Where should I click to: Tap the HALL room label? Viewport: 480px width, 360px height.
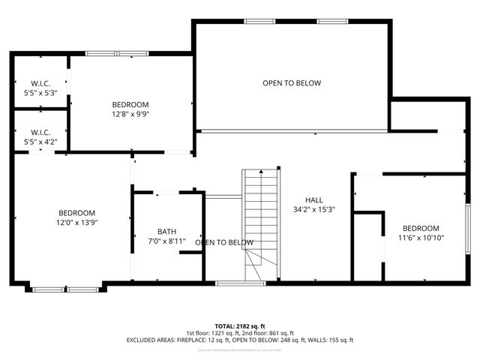point(313,200)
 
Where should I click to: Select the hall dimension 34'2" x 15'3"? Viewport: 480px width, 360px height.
point(313,210)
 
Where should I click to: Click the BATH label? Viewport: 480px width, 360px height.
point(166,232)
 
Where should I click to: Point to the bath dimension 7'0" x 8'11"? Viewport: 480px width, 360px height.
point(166,241)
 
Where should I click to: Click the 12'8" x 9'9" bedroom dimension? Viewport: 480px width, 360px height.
point(130,115)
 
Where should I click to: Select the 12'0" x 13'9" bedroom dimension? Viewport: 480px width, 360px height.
point(77,223)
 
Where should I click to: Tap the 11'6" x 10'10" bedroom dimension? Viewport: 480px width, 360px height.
point(421,238)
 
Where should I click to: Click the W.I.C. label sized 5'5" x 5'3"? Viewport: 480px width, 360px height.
point(40,83)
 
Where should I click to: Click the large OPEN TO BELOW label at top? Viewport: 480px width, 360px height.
point(292,82)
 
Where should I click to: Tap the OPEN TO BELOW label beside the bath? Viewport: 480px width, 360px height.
point(224,242)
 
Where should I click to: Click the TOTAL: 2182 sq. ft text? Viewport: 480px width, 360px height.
point(240,326)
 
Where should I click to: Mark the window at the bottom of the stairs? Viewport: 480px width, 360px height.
point(229,283)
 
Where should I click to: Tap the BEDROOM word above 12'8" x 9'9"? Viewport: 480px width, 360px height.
point(130,104)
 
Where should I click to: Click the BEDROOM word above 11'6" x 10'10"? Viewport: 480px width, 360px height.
point(421,228)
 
